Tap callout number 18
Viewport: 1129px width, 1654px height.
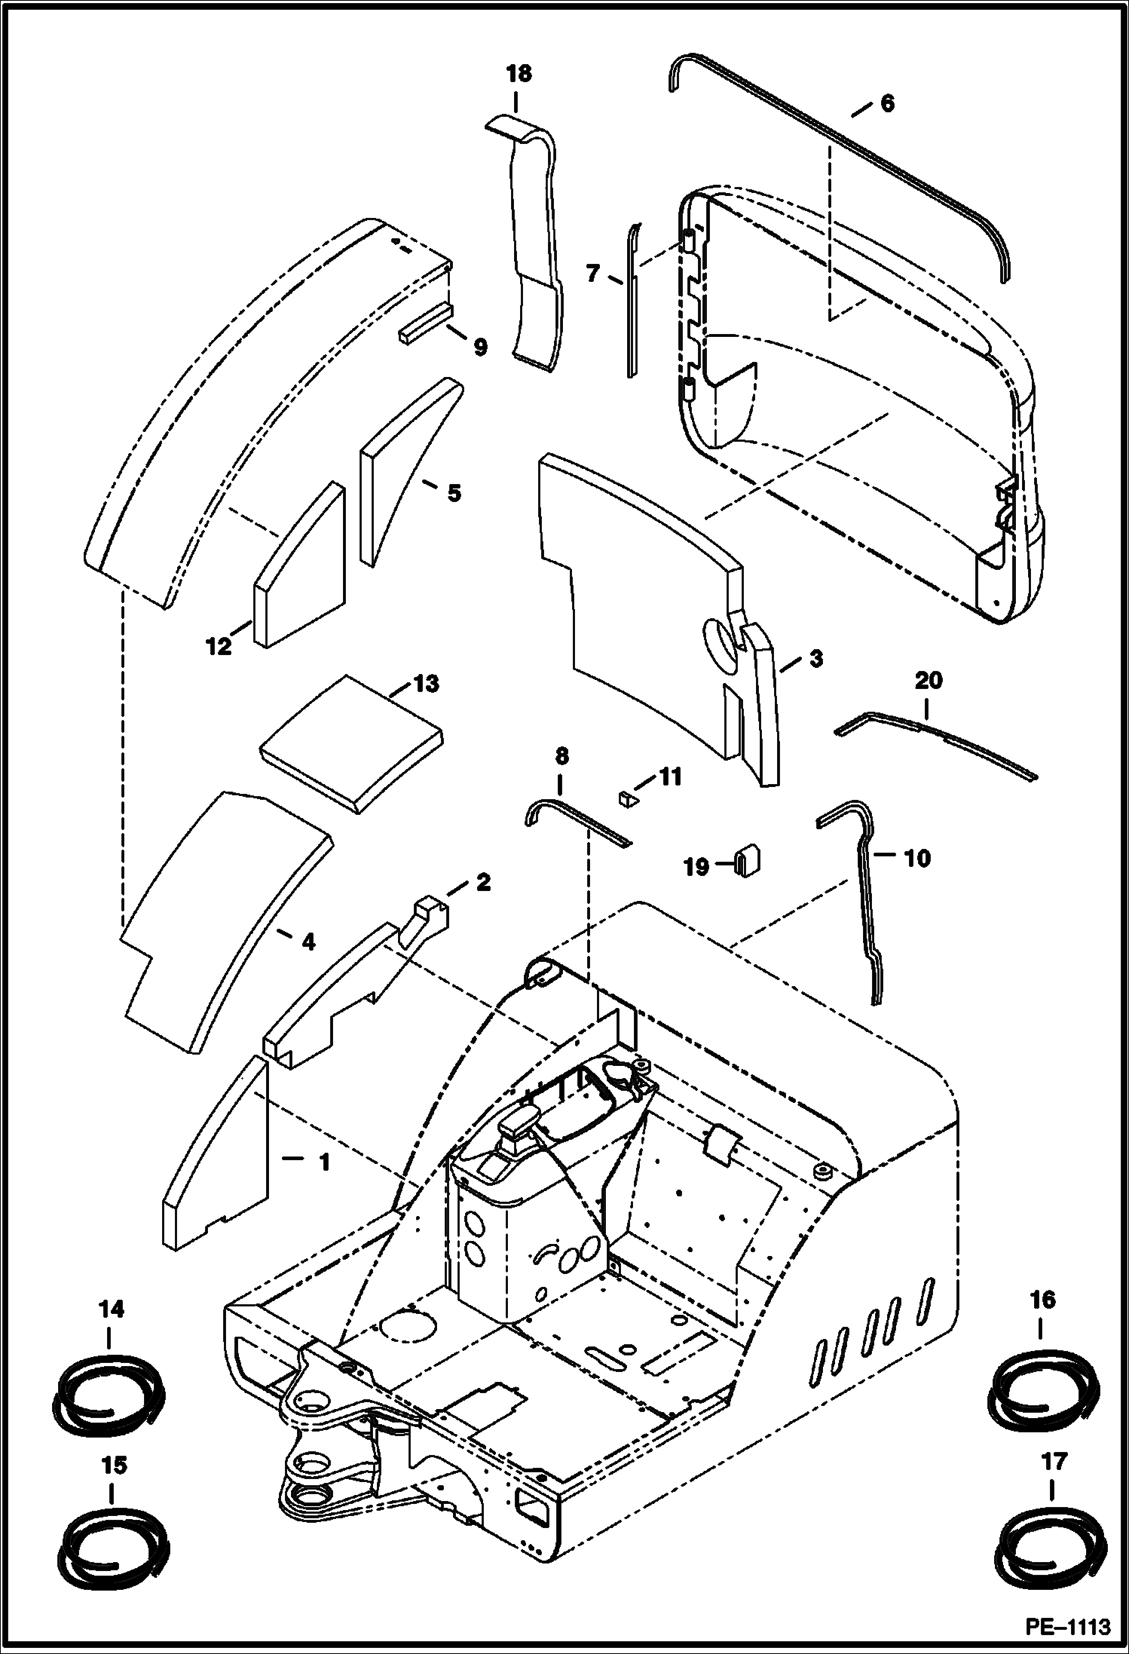pos(519,73)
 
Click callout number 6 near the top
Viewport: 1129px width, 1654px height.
pos(887,104)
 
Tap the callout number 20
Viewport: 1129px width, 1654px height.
pos(928,681)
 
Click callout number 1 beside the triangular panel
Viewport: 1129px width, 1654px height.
pos(323,1162)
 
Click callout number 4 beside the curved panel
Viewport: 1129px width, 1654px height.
pos(307,942)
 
